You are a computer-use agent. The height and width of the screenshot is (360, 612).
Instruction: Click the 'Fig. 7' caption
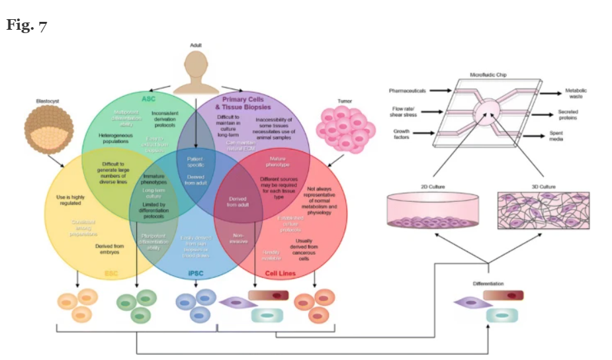pyautogui.click(x=27, y=26)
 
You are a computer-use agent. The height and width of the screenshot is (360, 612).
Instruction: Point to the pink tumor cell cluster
pyautogui.click(x=345, y=125)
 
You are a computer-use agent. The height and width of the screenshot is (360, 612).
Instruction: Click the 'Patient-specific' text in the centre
pyautogui.click(x=196, y=161)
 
